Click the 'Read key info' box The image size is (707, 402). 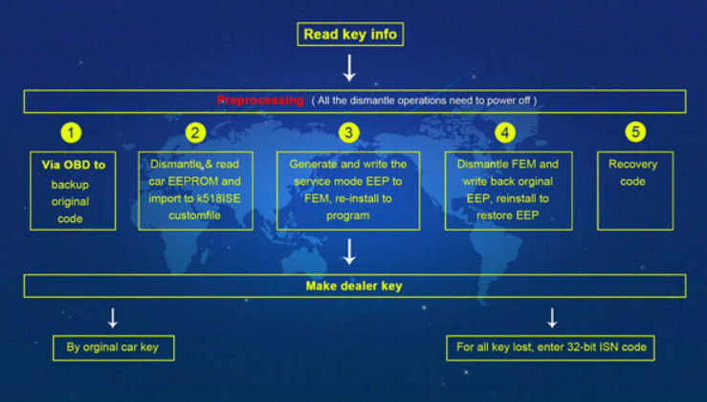coord(350,34)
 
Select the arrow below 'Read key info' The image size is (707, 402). coord(349,68)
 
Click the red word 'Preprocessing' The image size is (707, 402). coord(260,100)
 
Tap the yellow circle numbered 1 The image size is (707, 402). coord(71,133)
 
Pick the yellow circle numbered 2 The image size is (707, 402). coord(195,133)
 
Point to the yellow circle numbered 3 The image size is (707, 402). coord(348,133)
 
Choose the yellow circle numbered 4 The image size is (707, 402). coord(505,133)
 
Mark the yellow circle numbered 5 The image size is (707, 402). coord(635,132)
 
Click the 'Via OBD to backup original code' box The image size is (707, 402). coord(73,190)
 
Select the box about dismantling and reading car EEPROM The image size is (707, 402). coord(196,190)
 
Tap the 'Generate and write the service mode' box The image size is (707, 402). coord(348,190)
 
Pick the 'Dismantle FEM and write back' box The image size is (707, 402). coord(509,190)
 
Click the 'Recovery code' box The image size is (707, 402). coord(635,190)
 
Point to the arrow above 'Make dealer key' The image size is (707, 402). coord(349,252)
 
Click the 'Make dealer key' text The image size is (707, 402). coord(354,286)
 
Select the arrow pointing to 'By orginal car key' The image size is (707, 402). coord(113,318)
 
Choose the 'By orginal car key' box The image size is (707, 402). coord(114,347)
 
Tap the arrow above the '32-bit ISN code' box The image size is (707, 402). coord(552,318)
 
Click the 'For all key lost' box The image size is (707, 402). coord(550,347)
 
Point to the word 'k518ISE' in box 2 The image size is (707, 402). coord(218,198)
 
